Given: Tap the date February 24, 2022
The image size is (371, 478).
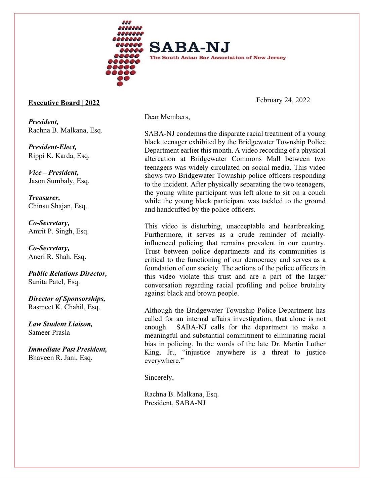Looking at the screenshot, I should click(283, 100).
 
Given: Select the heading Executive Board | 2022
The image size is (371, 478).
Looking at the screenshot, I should click(64, 103).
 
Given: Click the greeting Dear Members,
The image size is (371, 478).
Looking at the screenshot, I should click(167, 117).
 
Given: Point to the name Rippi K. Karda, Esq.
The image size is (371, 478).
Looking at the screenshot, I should click(59, 156).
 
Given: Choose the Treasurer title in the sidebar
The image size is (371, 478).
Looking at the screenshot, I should click(44, 198).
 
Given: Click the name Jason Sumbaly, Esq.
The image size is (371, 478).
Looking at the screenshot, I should click(58, 181).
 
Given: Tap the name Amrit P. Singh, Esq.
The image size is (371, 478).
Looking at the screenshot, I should click(58, 231).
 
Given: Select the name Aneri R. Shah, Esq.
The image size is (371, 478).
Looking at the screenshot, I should click(57, 257).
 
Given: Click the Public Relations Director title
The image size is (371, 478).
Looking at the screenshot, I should click(68, 273).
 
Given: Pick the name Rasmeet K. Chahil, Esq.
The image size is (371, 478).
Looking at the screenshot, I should click(64, 307).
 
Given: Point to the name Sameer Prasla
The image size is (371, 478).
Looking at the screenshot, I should click(49, 332).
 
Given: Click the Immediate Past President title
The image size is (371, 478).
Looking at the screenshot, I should click(68, 349).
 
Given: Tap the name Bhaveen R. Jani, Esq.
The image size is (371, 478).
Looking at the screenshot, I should click(60, 358).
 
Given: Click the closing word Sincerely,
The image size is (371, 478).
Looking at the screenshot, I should click(159, 377).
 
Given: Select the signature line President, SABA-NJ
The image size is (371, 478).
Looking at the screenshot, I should click(175, 403).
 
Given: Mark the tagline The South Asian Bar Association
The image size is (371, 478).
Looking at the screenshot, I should click(218, 58).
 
